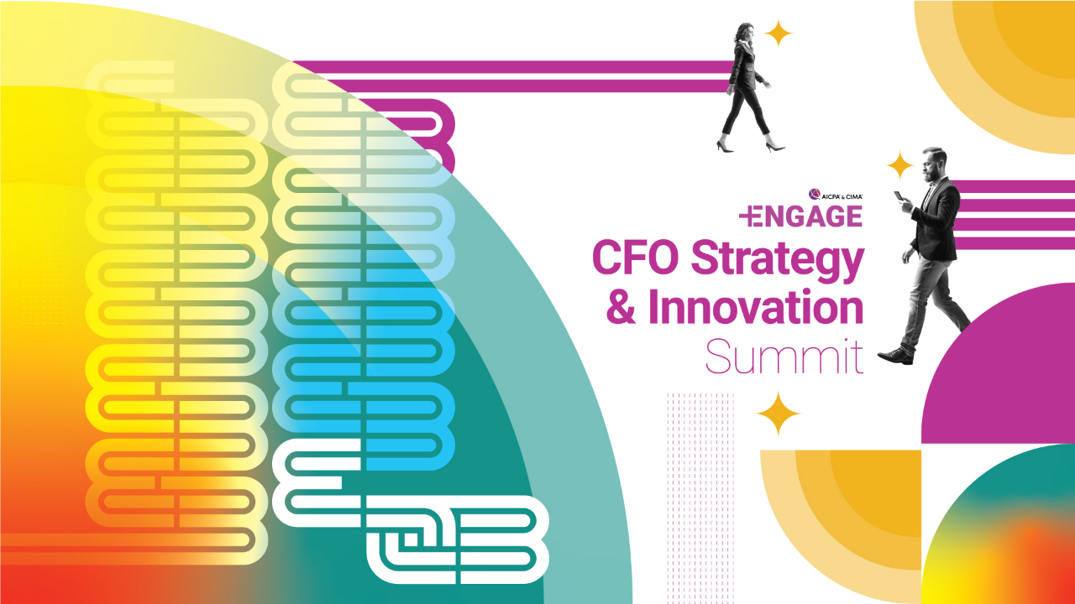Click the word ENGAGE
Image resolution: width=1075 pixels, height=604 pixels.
tap(809, 216)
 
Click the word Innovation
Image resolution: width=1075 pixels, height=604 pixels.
tap(757, 307)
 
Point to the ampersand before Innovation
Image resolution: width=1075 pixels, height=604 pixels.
tap(621, 307)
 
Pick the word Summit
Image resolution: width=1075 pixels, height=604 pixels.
tap(784, 357)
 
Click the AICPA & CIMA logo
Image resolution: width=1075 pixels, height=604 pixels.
tap(836, 195)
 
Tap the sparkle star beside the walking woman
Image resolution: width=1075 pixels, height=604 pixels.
tap(778, 33)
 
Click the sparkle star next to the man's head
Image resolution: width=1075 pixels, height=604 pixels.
tap(899, 165)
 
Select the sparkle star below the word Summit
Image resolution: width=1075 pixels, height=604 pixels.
tap(778, 414)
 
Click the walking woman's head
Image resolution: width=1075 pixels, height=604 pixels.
tap(744, 33)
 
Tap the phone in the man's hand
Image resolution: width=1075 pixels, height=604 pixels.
tap(898, 195)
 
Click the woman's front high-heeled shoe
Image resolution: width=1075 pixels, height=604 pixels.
tap(774, 147)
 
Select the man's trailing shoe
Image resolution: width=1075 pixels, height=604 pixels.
tap(895, 357)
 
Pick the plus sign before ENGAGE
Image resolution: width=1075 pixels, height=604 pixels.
tap(747, 216)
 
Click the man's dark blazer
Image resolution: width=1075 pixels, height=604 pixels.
tap(936, 221)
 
